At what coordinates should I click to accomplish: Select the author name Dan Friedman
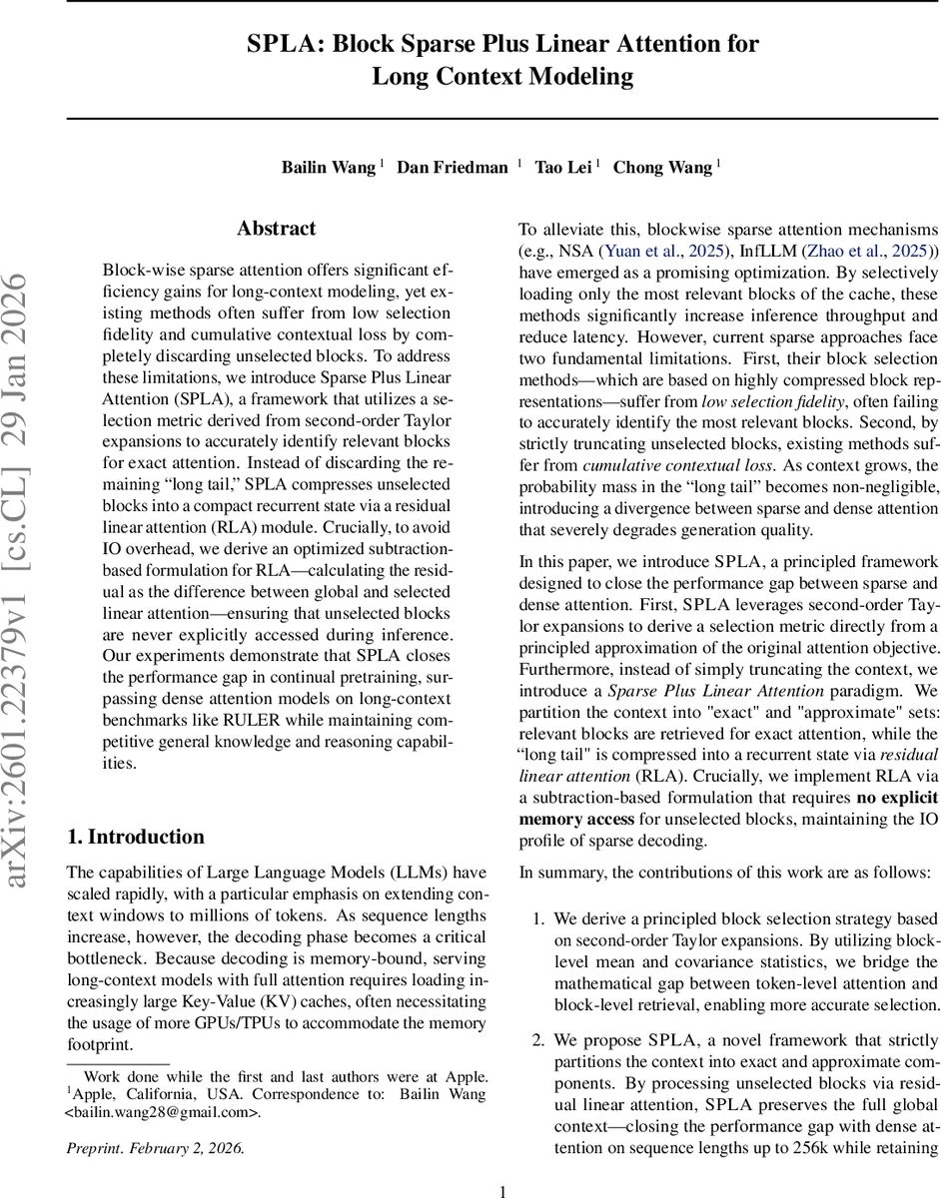point(453,168)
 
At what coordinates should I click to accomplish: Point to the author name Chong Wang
point(662,168)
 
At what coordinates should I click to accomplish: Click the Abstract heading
point(276,229)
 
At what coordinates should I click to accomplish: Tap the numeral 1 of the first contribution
point(536,918)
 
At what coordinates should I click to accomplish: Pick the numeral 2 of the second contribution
point(536,1040)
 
